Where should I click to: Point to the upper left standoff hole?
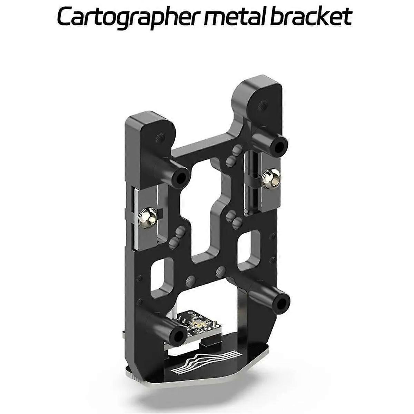[180, 177]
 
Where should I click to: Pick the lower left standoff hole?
[179, 335]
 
